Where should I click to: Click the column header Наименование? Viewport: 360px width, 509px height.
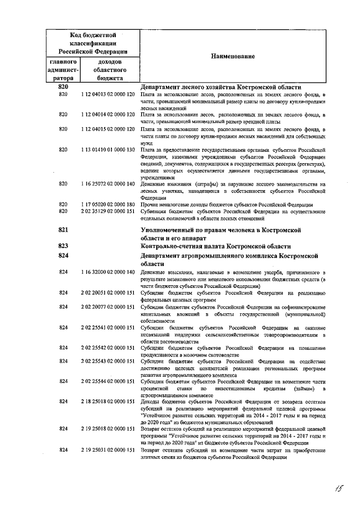(x=233, y=56)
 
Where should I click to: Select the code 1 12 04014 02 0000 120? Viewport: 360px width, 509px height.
(x=107, y=114)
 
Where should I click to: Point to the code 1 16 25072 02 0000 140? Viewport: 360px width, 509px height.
(x=107, y=184)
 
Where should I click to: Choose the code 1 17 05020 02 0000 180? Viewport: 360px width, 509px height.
(x=107, y=204)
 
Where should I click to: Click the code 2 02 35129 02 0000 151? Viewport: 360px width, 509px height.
(x=107, y=211)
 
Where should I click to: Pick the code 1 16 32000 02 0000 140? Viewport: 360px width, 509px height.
(x=107, y=272)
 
